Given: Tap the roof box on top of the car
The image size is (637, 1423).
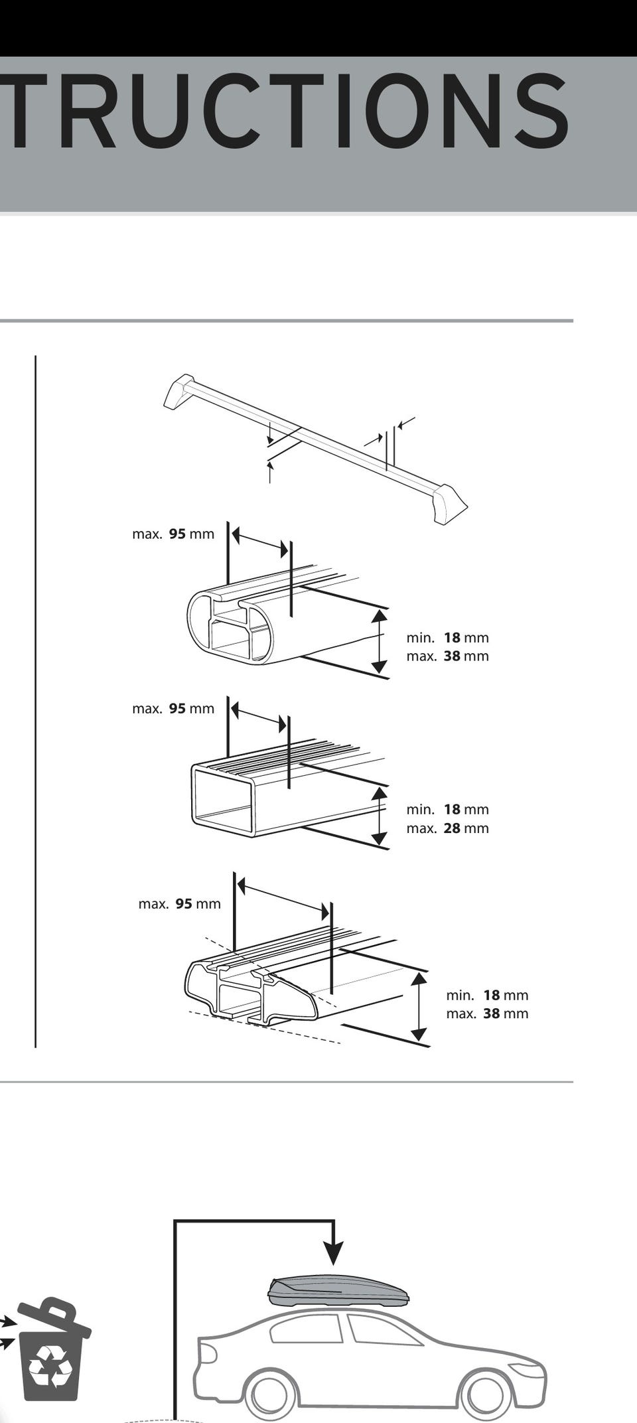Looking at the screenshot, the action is click(338, 1291).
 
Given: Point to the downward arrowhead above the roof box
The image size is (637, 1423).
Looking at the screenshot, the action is click(334, 1251).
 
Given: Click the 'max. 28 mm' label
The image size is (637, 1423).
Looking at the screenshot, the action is click(447, 828).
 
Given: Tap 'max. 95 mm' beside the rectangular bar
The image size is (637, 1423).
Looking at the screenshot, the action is click(173, 709).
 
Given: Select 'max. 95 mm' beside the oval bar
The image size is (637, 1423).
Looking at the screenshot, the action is click(173, 534).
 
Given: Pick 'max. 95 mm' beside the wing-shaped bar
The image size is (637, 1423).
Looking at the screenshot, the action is click(179, 904).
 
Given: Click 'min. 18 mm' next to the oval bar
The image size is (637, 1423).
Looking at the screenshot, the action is click(447, 638).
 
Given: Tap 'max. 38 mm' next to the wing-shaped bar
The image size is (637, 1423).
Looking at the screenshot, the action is click(487, 1013).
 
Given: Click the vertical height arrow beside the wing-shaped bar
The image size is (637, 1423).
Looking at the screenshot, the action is click(419, 1006).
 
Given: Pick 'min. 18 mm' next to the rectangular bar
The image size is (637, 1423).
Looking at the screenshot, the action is click(447, 810).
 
